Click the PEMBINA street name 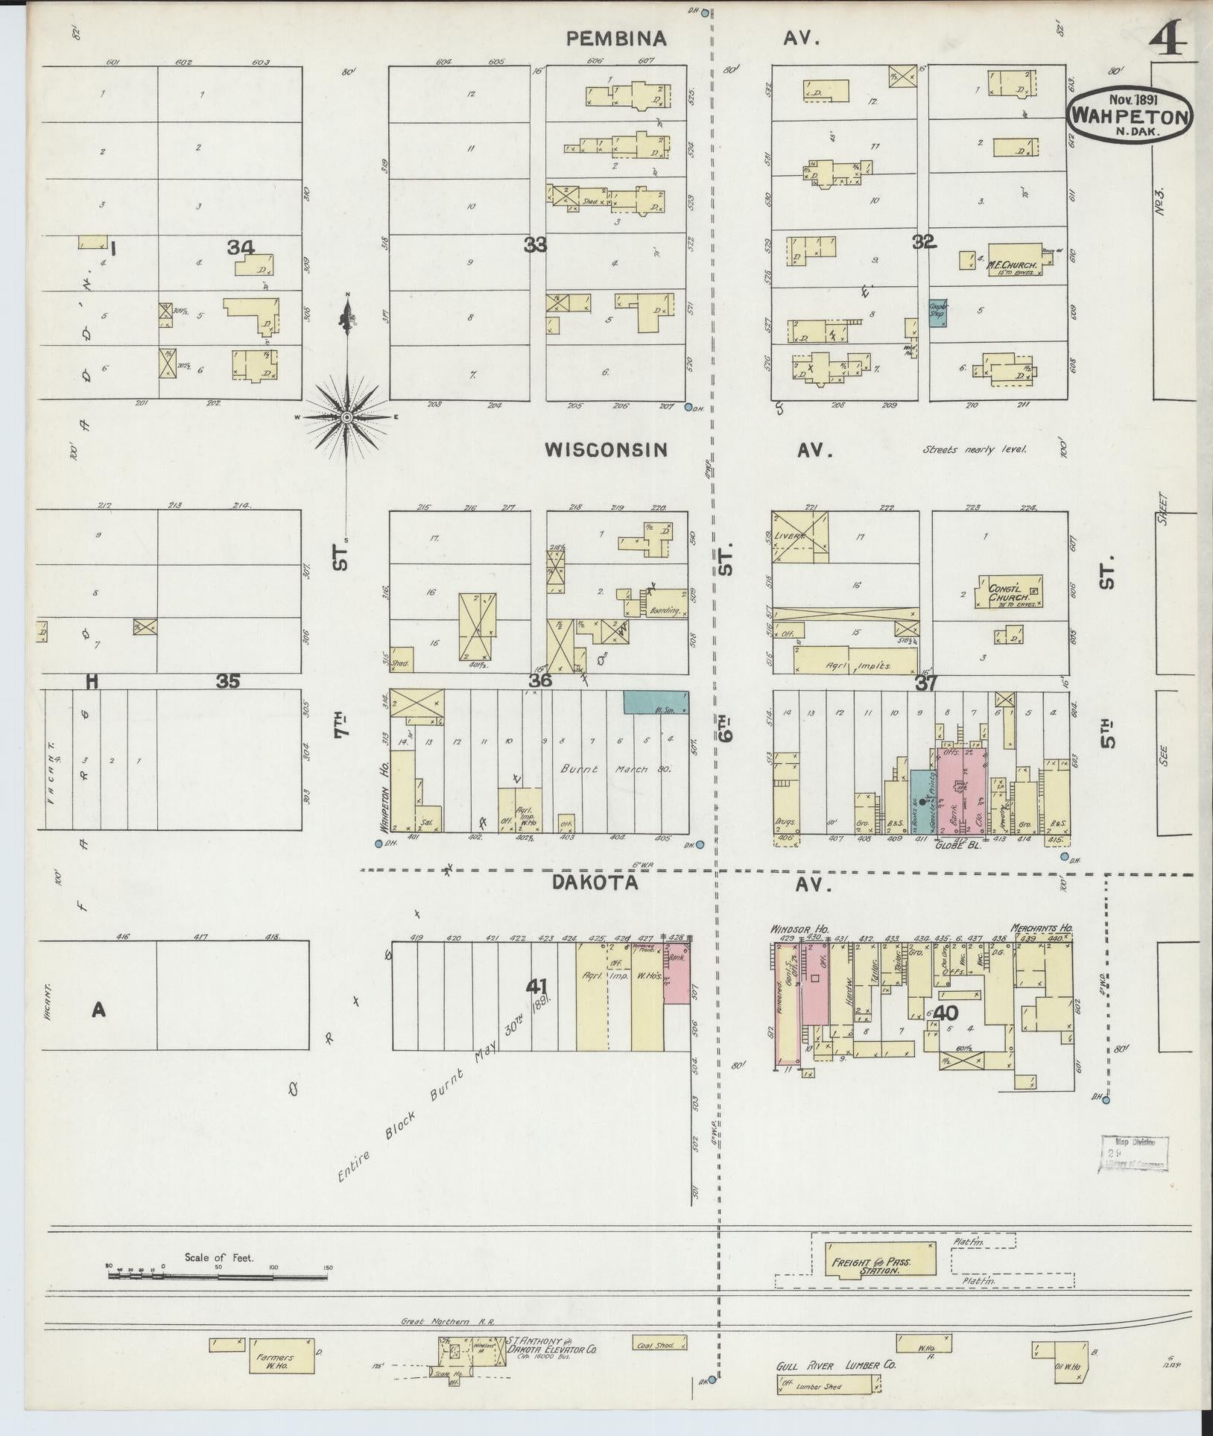(x=615, y=39)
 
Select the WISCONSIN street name (x=605, y=449)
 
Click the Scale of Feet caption (x=218, y=1257)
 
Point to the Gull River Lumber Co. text (x=834, y=1366)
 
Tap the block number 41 (x=536, y=987)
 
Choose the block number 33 (x=534, y=244)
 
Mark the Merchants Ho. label (x=1041, y=929)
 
